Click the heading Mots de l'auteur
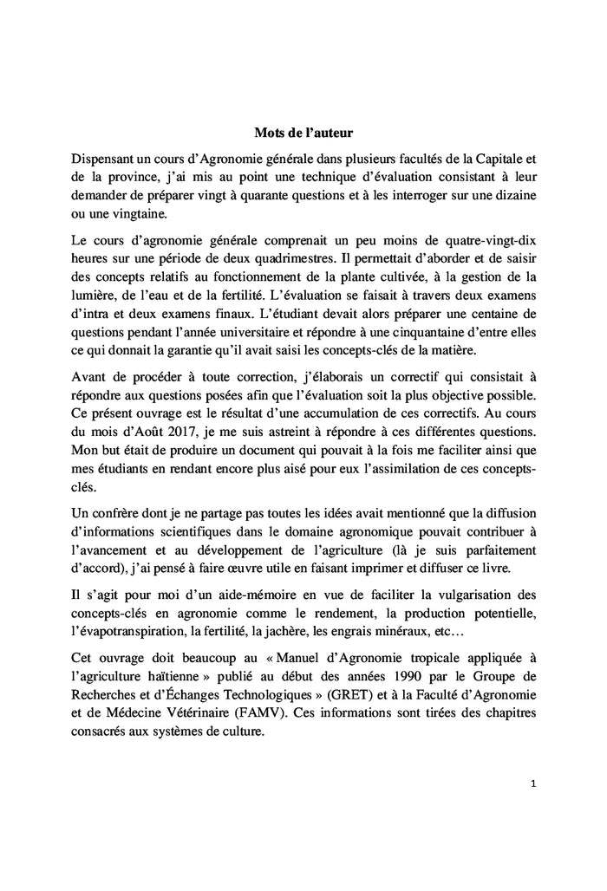tap(303, 133)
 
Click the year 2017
tap(184, 433)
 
